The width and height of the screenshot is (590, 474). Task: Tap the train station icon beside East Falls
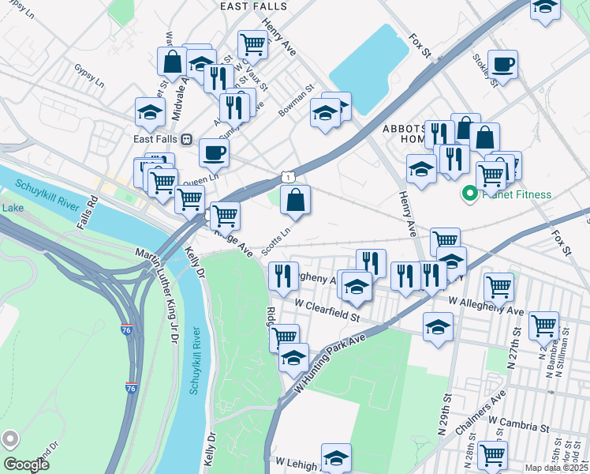pos(187,138)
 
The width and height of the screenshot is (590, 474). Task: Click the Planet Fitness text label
pos(517,194)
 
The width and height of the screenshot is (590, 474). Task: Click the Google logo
pos(26,464)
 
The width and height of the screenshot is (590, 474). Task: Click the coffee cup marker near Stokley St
pos(502,65)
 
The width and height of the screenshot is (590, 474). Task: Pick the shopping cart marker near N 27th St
pos(543,324)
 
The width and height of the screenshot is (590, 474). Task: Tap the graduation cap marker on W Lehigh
pos(336,457)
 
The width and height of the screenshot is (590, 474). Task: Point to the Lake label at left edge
pos(13,208)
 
